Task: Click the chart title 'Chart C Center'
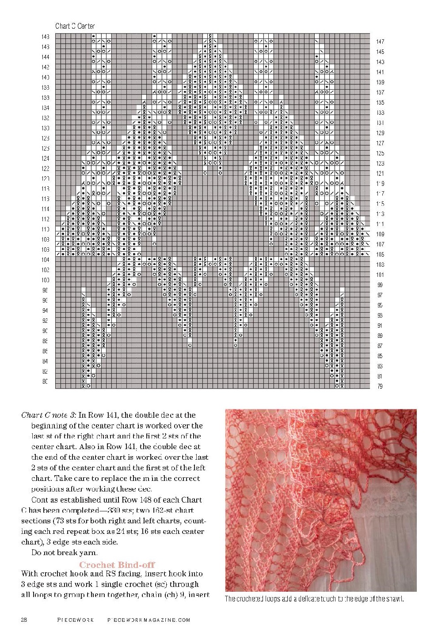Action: (x=75, y=26)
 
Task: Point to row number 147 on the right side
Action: (x=380, y=42)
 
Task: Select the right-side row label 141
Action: (x=380, y=72)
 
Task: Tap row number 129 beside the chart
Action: (x=380, y=133)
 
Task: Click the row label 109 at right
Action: (x=380, y=234)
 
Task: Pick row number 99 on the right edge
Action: (x=380, y=285)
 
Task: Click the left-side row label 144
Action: (x=46, y=57)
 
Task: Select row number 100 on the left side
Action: (x=46, y=280)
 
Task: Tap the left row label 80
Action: (x=46, y=382)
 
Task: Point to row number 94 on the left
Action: (x=46, y=310)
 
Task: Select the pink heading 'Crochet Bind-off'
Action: (x=117, y=565)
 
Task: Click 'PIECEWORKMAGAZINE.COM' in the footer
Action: (x=149, y=620)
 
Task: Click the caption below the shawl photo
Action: (x=314, y=599)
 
